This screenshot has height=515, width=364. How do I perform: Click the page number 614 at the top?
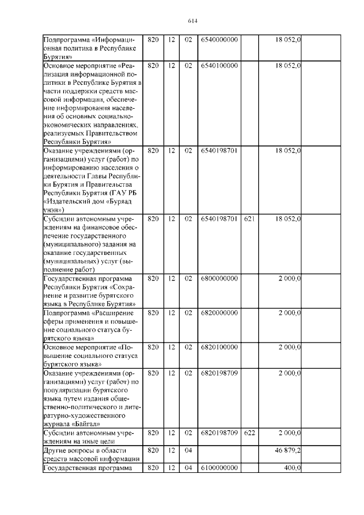click(192, 22)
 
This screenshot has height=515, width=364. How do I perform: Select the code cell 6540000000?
click(219, 40)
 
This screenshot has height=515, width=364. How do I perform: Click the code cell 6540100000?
click(219, 67)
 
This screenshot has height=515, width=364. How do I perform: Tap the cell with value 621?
click(249, 219)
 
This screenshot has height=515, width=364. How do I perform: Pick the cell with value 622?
click(249, 433)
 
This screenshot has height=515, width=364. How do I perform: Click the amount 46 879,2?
click(289, 450)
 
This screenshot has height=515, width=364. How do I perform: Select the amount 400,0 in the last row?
click(292, 467)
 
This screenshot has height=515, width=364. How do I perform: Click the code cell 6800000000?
click(219, 279)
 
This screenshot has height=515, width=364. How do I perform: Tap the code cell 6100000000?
click(219, 467)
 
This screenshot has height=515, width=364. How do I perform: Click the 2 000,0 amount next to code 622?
click(289, 433)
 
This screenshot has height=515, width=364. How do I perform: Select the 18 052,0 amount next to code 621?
click(288, 219)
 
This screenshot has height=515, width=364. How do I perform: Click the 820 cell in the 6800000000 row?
click(152, 279)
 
